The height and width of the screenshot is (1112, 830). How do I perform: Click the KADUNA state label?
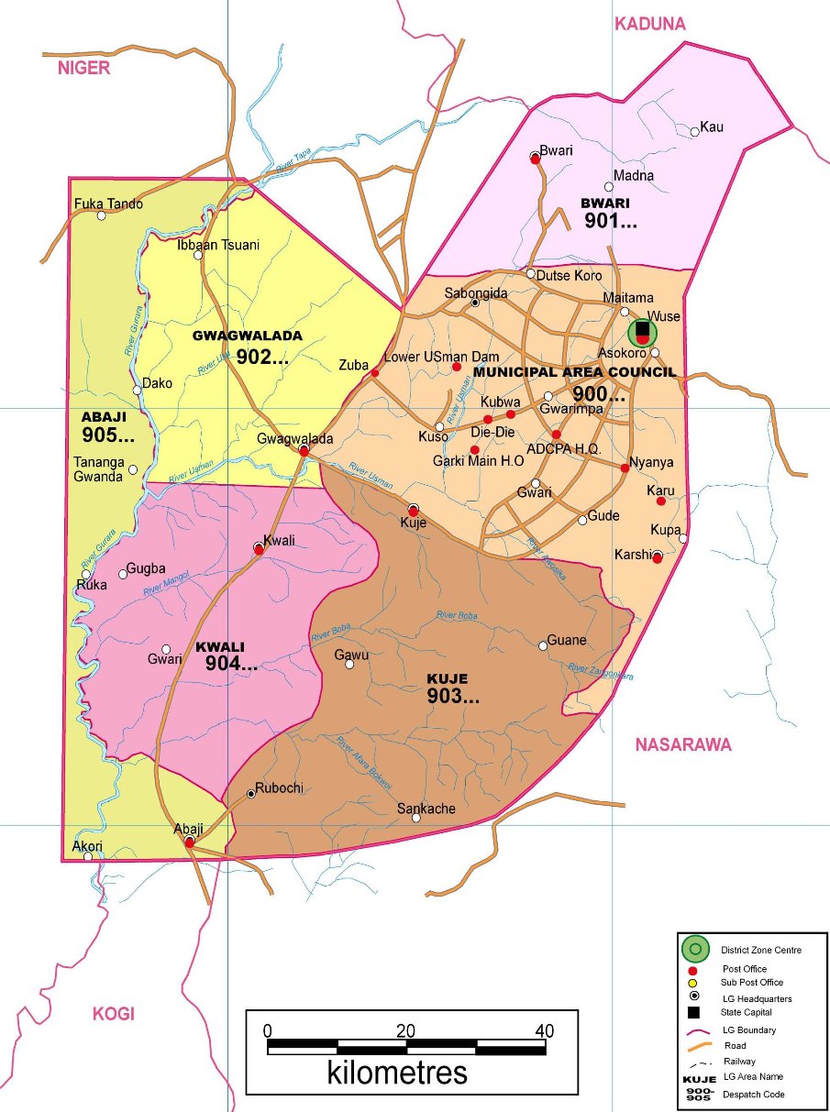[650, 24]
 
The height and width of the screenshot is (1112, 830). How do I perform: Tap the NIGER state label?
[83, 68]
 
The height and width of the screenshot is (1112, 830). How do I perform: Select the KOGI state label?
[113, 1013]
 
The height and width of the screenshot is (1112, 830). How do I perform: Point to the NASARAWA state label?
[683, 744]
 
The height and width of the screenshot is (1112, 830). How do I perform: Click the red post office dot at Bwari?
[535, 158]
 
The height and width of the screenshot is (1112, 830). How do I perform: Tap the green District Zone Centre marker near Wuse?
[643, 332]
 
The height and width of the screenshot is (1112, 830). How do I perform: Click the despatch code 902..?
[261, 358]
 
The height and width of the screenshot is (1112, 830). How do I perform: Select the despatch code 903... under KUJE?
[453, 697]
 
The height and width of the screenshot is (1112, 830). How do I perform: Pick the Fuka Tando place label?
[108, 204]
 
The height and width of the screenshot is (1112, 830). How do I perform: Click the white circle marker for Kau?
[695, 132]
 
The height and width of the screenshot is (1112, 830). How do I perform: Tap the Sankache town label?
[426, 809]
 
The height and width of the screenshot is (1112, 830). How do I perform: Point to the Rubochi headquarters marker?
[251, 794]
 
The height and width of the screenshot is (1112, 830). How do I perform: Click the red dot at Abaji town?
[189, 841]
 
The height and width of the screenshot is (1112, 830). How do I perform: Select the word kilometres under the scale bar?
[396, 1072]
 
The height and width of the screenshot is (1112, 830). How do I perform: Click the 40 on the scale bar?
[545, 1029]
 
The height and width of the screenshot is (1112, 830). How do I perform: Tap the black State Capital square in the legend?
[693, 1012]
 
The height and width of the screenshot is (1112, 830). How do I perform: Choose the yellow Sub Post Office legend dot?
[693, 983]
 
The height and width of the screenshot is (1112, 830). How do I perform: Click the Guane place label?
[566, 640]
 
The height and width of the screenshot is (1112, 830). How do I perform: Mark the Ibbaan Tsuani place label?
[218, 245]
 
